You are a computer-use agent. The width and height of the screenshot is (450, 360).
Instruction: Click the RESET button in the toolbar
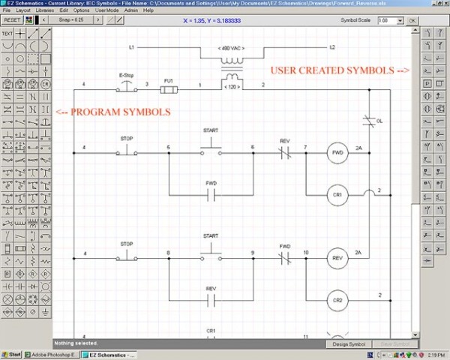click(11, 20)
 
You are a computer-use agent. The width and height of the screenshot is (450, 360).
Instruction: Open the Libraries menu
click(44, 11)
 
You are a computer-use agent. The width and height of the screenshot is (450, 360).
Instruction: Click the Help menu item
click(148, 11)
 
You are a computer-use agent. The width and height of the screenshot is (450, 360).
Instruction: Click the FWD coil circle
click(337, 153)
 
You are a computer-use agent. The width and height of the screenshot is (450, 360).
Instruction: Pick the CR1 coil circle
click(337, 195)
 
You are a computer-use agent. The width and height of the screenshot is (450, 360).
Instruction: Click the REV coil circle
click(337, 257)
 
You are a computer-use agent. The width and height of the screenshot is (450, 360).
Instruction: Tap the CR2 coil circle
click(337, 299)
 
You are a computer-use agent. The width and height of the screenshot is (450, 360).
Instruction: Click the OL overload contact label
click(379, 120)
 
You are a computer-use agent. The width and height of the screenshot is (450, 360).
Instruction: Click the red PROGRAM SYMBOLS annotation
click(113, 112)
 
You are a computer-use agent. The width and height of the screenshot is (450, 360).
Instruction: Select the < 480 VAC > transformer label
click(229, 49)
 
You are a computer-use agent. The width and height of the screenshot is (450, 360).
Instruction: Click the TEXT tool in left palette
click(7, 34)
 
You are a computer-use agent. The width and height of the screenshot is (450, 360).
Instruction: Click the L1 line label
click(130, 47)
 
